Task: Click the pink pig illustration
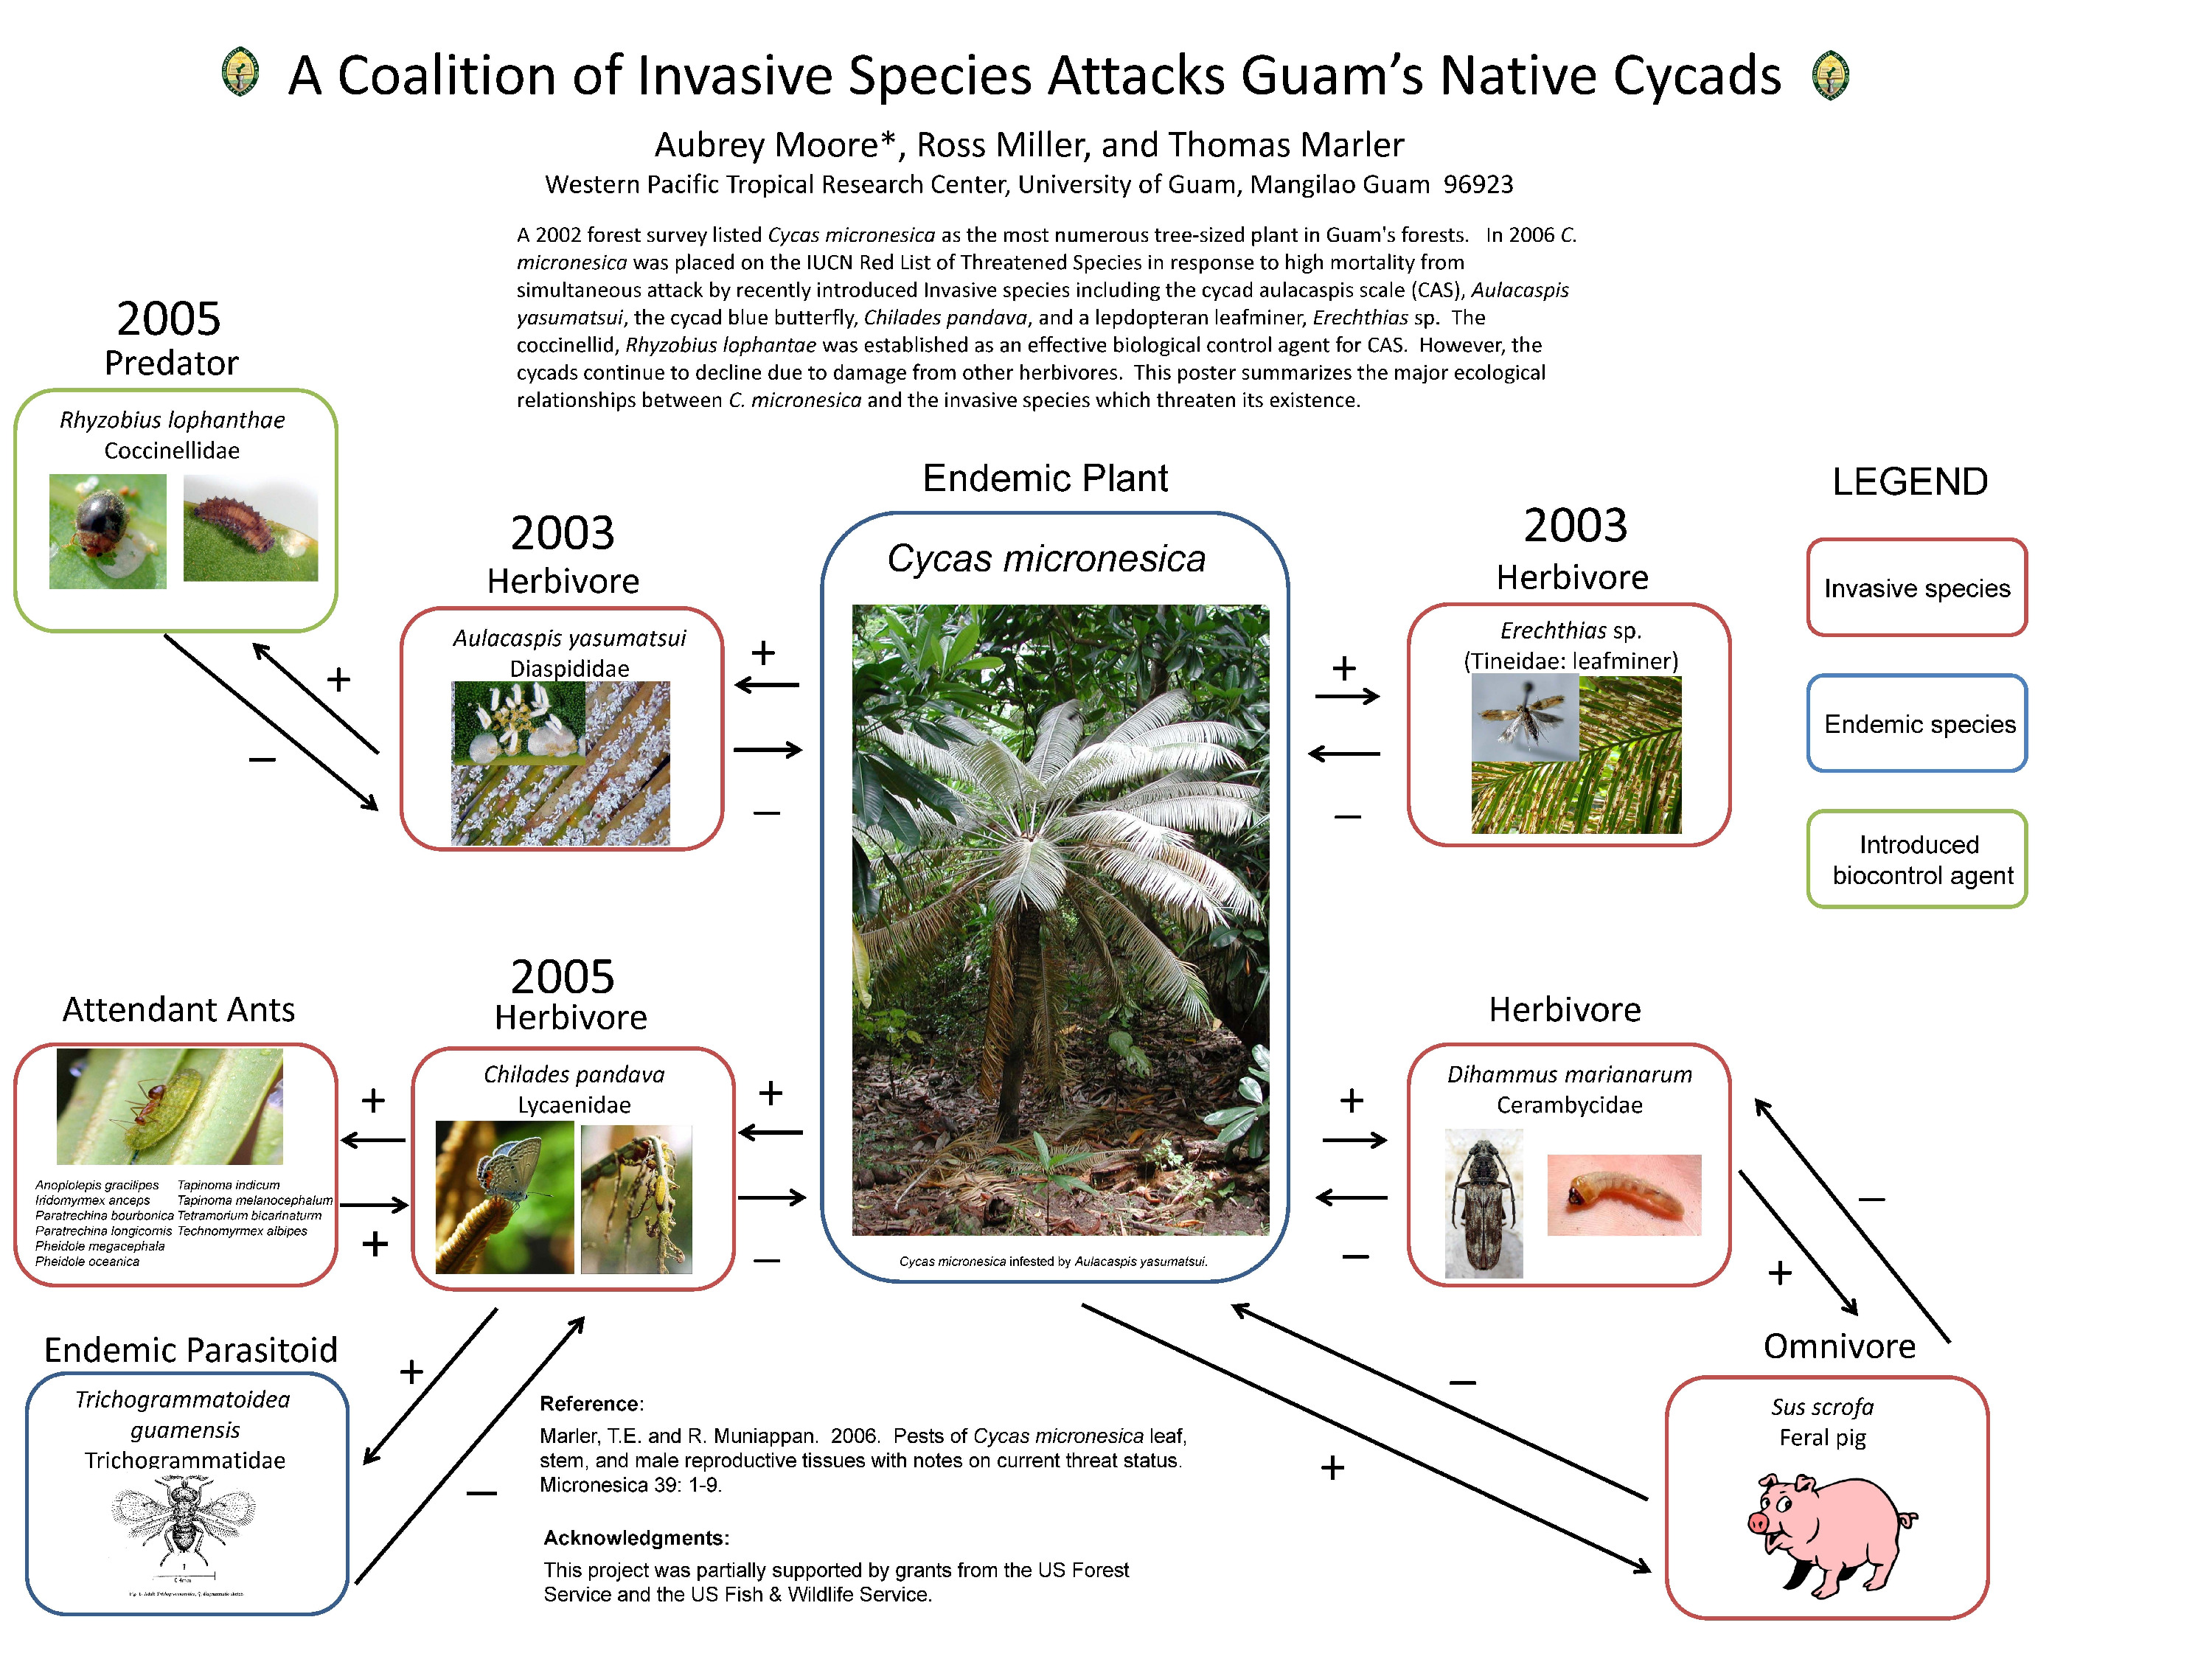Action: coord(1830,1533)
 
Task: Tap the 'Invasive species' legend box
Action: coord(1916,588)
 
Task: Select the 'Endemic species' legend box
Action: coord(1916,723)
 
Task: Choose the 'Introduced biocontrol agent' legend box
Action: coord(1916,859)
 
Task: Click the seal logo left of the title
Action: coord(240,74)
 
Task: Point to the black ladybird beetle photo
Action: coord(108,531)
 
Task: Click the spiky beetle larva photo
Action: coord(250,528)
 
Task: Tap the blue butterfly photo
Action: coord(505,1197)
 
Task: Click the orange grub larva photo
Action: coord(1623,1195)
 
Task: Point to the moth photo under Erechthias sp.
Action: coord(1524,718)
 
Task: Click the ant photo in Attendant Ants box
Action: coord(170,1106)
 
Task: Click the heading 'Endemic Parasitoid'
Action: coord(190,1350)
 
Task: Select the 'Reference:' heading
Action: coord(591,1403)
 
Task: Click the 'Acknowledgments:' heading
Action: coord(636,1537)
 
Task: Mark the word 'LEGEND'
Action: coord(1909,482)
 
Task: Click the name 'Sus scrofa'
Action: coord(1821,1407)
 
